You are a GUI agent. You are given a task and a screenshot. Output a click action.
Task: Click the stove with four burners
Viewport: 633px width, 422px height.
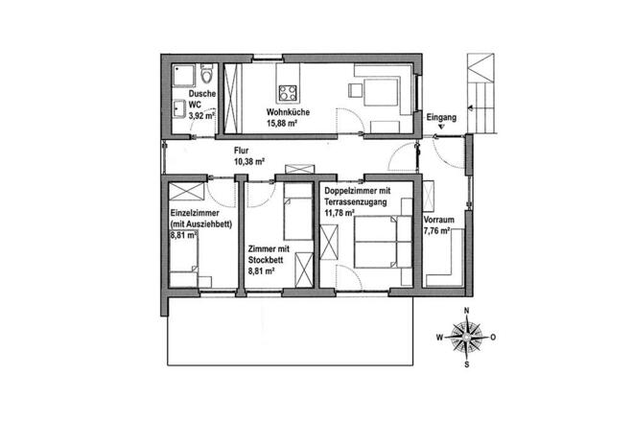click(288, 94)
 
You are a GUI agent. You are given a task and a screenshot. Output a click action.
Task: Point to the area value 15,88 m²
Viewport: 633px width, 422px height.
click(289, 122)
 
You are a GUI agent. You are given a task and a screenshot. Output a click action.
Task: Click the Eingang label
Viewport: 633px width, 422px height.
click(441, 117)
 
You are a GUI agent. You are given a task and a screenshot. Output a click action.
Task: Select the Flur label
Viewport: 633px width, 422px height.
click(243, 152)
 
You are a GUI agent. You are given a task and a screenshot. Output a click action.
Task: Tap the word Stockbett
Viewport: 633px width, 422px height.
click(266, 260)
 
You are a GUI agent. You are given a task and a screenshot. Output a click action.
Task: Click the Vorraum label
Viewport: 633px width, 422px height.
click(439, 220)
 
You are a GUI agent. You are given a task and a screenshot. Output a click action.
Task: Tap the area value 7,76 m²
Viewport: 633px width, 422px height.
click(439, 231)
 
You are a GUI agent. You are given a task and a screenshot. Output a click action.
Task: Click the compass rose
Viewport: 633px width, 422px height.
click(466, 338)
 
